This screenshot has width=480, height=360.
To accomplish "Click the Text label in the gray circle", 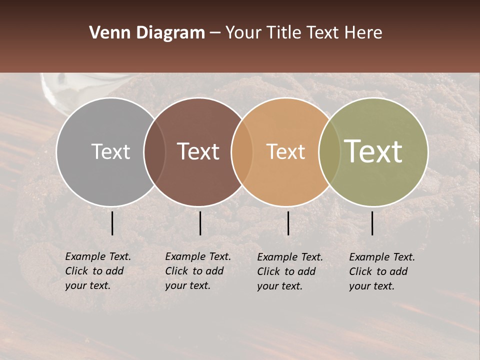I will coord(110,151).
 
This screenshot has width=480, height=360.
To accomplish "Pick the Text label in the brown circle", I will coord(198,151).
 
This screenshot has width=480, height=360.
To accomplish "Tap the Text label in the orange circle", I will coord(285,151).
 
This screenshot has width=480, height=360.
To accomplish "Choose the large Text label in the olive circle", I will coord(373,151).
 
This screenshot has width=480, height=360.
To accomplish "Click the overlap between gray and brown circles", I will coord(154,151).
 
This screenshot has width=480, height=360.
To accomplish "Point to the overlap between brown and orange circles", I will coord(241,151).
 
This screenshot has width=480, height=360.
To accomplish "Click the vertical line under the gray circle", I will coord(112,223).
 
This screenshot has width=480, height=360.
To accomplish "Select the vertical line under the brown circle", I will coord(200,223).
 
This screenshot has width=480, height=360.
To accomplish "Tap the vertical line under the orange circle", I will coord(288,223).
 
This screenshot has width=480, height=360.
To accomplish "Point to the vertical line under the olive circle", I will coord(372,223).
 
